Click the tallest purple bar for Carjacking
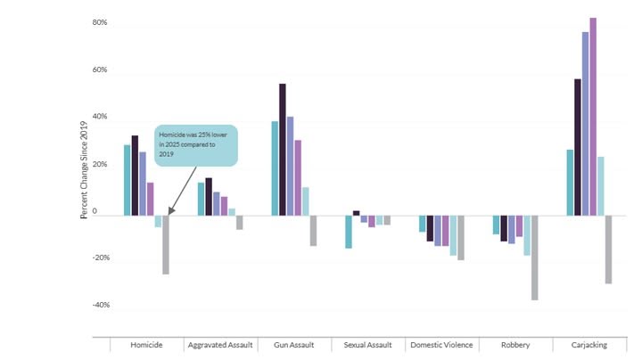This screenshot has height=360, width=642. (593, 116)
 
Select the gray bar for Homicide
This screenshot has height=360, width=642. (166, 244)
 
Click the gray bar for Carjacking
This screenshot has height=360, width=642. (608, 250)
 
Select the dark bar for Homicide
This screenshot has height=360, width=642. (135, 175)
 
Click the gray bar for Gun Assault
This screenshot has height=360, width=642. (313, 231)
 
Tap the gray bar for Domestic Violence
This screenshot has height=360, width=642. (460, 237)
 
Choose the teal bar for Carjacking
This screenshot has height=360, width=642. (570, 182)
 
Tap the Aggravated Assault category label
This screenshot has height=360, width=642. (220, 344)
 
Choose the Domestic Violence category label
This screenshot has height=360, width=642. (441, 344)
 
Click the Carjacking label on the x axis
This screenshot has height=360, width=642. (588, 344)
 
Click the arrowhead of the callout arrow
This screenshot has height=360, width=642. (169, 214)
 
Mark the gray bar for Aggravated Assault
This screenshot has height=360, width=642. (239, 223)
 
